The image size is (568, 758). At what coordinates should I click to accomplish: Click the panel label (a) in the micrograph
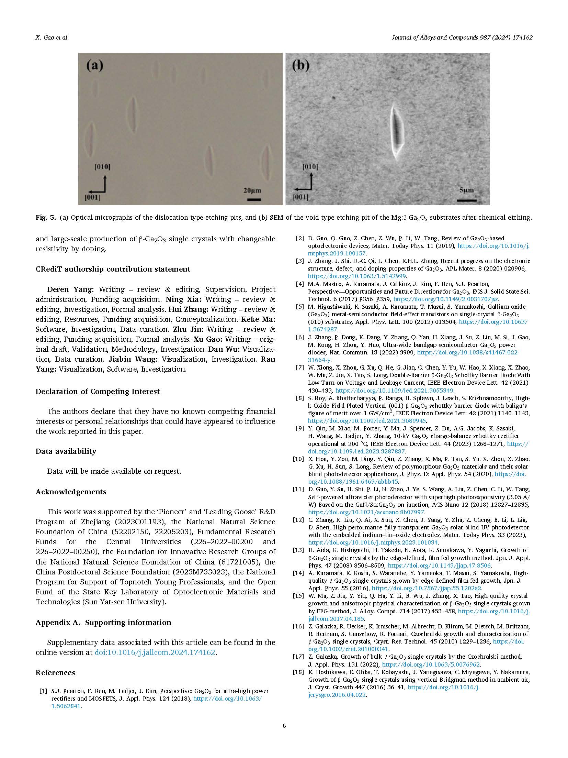(94, 66)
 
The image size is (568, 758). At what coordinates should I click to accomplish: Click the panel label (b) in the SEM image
(300, 66)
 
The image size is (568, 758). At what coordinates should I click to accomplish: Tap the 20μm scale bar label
(252, 190)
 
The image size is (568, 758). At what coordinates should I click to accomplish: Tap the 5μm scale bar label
(466, 190)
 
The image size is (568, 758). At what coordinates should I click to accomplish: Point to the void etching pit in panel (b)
(397, 132)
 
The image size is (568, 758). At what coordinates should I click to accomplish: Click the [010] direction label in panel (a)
(102, 167)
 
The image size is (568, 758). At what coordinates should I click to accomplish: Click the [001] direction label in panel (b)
(300, 197)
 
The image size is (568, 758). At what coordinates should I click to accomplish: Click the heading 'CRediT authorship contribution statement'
(113, 269)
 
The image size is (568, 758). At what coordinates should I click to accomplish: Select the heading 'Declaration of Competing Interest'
(98, 391)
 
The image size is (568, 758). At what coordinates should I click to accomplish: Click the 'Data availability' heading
(66, 451)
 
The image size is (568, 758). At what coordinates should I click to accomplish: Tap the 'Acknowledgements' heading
(71, 492)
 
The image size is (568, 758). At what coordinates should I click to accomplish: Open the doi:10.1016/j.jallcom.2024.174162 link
(155, 652)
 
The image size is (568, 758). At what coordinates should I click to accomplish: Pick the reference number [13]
(298, 550)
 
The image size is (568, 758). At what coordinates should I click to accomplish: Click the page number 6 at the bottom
(284, 726)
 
